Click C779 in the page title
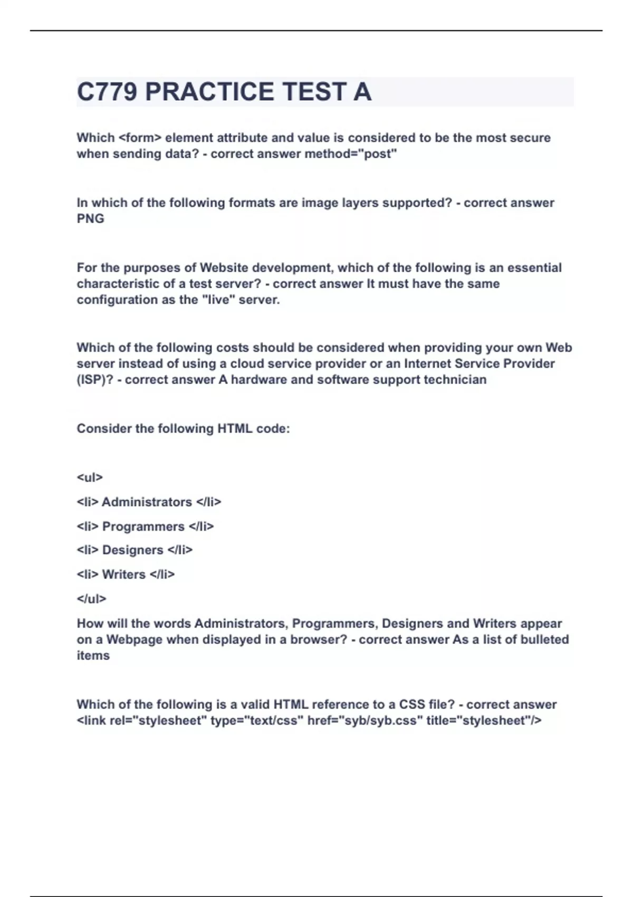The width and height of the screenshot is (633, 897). pyautogui.click(x=108, y=92)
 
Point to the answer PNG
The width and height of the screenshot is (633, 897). pyautogui.click(x=90, y=219)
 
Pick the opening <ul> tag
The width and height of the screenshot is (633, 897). pyautogui.click(x=90, y=478)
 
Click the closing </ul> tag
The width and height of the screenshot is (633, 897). pyautogui.click(x=91, y=599)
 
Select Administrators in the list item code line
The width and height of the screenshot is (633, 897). pyautogui.click(x=147, y=502)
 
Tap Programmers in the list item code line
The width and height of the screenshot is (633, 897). pyautogui.click(x=143, y=527)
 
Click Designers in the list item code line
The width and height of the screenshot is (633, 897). pyautogui.click(x=132, y=550)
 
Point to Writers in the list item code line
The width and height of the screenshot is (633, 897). pyautogui.click(x=123, y=575)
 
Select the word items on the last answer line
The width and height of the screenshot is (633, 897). pyautogui.click(x=93, y=656)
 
